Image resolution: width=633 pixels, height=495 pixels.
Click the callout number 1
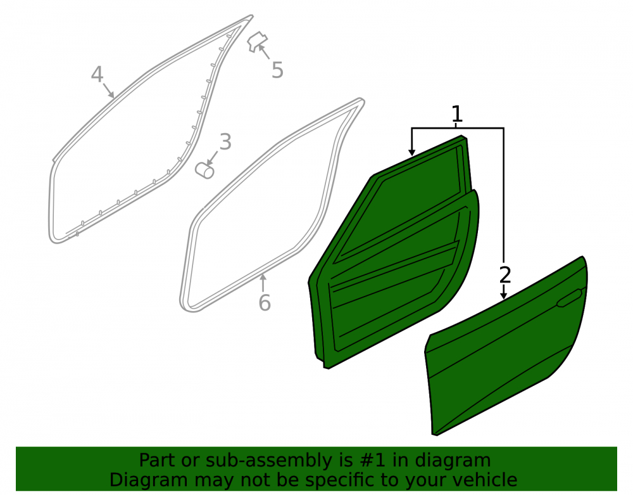tap(456, 114)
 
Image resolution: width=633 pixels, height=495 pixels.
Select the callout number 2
tap(505, 275)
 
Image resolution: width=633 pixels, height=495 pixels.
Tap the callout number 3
tap(225, 142)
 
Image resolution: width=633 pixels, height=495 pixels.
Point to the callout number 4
tap(97, 75)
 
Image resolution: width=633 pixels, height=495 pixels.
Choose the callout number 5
tap(277, 70)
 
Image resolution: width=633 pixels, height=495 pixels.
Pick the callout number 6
tap(265, 303)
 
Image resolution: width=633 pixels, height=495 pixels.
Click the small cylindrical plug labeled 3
tap(204, 170)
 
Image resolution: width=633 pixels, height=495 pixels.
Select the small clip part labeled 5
tap(257, 42)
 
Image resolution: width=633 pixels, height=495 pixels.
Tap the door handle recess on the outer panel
tap(570, 299)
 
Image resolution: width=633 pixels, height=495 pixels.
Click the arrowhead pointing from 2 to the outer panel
tap(503, 296)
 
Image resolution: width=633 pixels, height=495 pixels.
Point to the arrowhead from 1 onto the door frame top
tap(411, 152)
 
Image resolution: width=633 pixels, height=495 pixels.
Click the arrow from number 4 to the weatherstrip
tap(109, 91)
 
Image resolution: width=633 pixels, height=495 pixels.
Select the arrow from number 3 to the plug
tap(212, 158)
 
